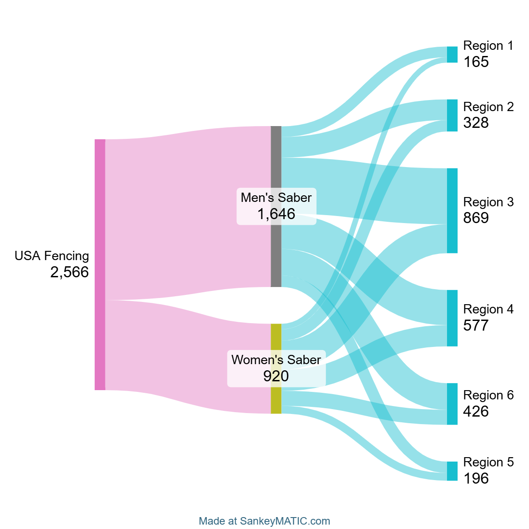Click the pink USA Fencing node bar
(100, 264)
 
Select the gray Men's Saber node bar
(276, 206)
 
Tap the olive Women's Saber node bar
(276, 369)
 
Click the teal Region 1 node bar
(452, 55)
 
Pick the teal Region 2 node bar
(452, 115)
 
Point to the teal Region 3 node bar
(452, 211)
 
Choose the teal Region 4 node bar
(452, 318)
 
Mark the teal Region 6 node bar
(452, 404)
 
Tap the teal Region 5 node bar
(452, 471)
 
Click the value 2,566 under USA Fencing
(70, 272)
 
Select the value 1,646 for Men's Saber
(276, 214)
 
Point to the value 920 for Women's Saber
(276, 376)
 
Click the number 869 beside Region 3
(476, 218)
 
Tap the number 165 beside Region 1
(476, 62)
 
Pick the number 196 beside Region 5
(476, 478)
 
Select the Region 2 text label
(488, 107)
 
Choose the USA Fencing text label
(52, 256)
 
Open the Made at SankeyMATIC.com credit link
(264, 521)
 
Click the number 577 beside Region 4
(476, 326)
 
